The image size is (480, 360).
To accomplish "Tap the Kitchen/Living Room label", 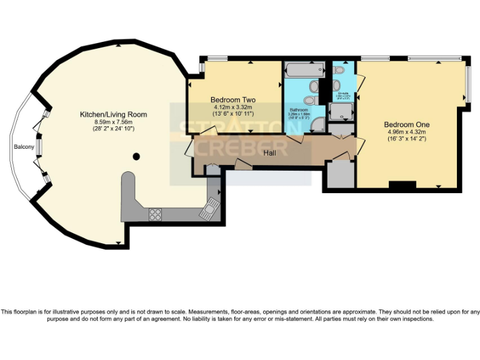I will click(x=113, y=114).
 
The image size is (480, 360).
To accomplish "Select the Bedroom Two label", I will click(x=232, y=100).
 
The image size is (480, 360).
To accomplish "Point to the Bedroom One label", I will click(x=406, y=124).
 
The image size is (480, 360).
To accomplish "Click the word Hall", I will click(x=269, y=152).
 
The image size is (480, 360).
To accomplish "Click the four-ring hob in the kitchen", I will click(x=155, y=214).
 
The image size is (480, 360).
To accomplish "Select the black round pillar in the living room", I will click(x=136, y=156).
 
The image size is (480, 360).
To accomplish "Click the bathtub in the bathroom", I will click(x=304, y=69).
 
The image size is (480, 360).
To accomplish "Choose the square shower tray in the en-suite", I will click(x=342, y=112).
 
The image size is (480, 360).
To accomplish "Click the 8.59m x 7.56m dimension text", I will click(x=113, y=122).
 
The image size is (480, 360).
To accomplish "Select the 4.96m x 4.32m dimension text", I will click(x=406, y=132).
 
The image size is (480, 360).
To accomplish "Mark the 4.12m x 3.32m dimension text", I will click(x=232, y=107).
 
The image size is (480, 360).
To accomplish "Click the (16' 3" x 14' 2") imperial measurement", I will click(x=406, y=139).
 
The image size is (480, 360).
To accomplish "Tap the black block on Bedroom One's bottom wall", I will click(x=402, y=185).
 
